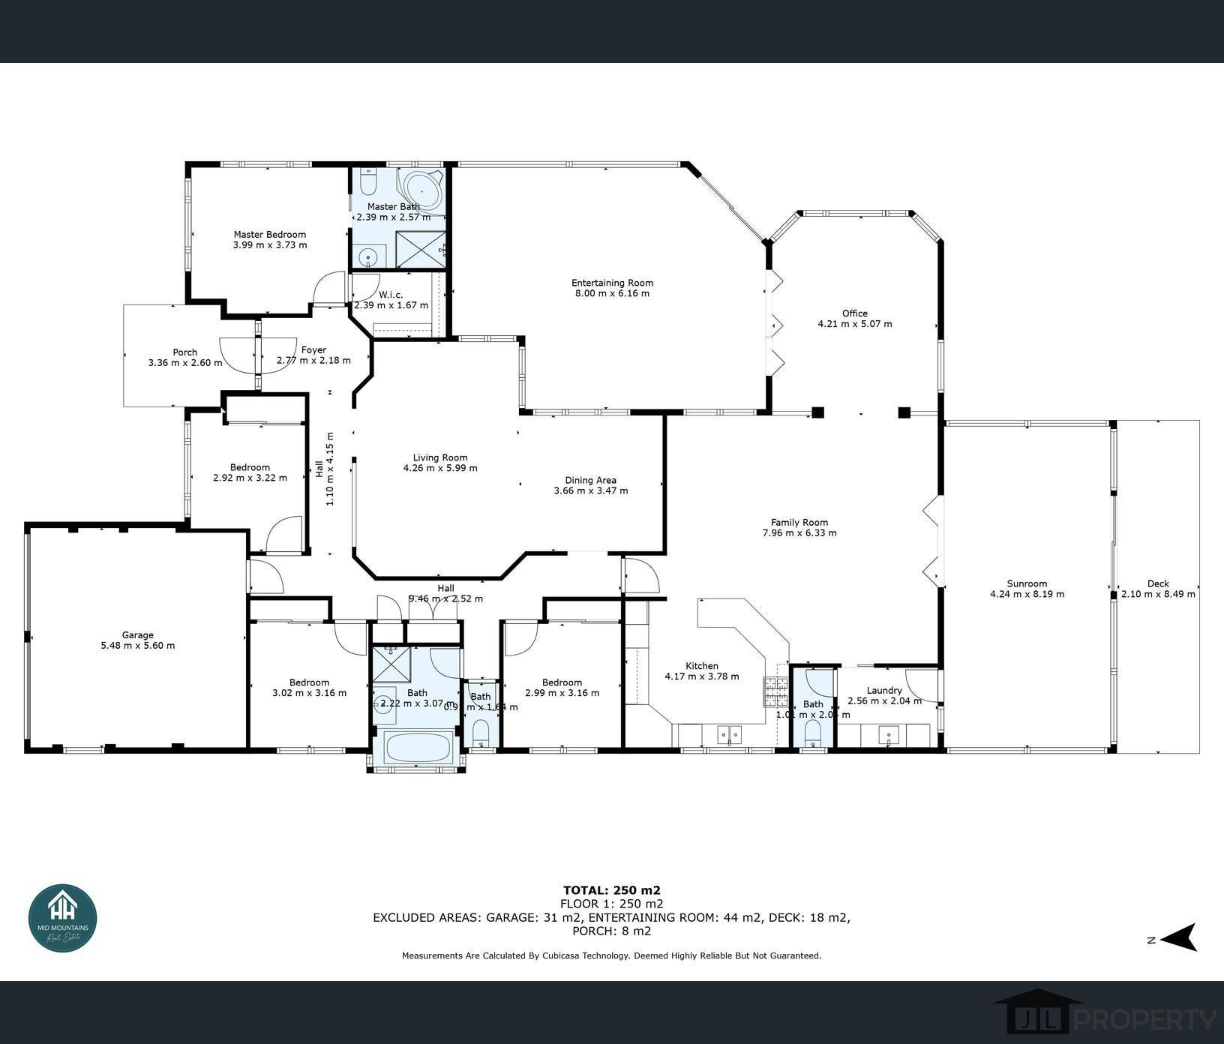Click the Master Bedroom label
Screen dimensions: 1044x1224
click(269, 234)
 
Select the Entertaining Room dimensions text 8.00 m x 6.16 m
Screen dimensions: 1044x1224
click(612, 293)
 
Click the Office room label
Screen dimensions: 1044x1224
click(854, 313)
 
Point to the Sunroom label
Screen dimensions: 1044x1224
click(1027, 583)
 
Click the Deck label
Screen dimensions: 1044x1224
click(1157, 583)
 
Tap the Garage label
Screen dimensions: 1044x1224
click(137, 634)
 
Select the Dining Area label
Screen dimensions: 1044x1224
click(590, 480)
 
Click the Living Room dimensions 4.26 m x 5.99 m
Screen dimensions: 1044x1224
click(440, 468)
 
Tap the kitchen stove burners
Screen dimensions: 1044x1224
click(776, 691)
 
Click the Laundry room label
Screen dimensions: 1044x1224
click(883, 690)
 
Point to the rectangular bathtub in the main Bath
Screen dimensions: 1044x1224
click(417, 747)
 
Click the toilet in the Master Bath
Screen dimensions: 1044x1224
click(368, 182)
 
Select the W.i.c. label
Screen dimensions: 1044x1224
click(391, 295)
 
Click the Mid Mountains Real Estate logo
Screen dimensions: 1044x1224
click(63, 918)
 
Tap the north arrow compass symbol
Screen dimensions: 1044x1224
click(1180, 937)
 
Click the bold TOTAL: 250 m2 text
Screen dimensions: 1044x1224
click(611, 890)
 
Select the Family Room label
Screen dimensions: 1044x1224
click(799, 523)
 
